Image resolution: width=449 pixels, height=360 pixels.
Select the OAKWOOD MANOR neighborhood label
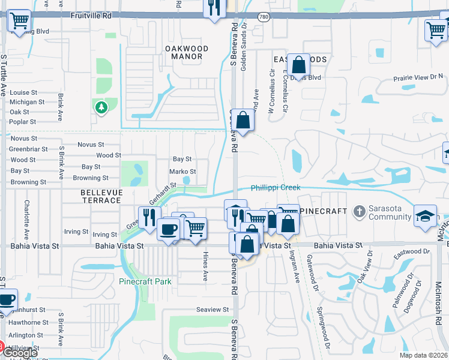click(186, 52)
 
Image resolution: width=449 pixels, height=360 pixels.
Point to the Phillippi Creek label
click(275, 188)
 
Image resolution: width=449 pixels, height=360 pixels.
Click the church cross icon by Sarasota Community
click(359, 211)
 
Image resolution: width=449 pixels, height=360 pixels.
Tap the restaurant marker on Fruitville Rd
click(214, 8)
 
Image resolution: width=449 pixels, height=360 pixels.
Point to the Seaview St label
click(212, 310)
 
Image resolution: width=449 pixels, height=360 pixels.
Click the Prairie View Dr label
click(418, 77)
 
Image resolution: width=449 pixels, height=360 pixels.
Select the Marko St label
click(182, 172)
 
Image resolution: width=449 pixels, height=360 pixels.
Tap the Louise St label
click(23, 93)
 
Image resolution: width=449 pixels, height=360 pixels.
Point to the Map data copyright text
click(423, 355)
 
